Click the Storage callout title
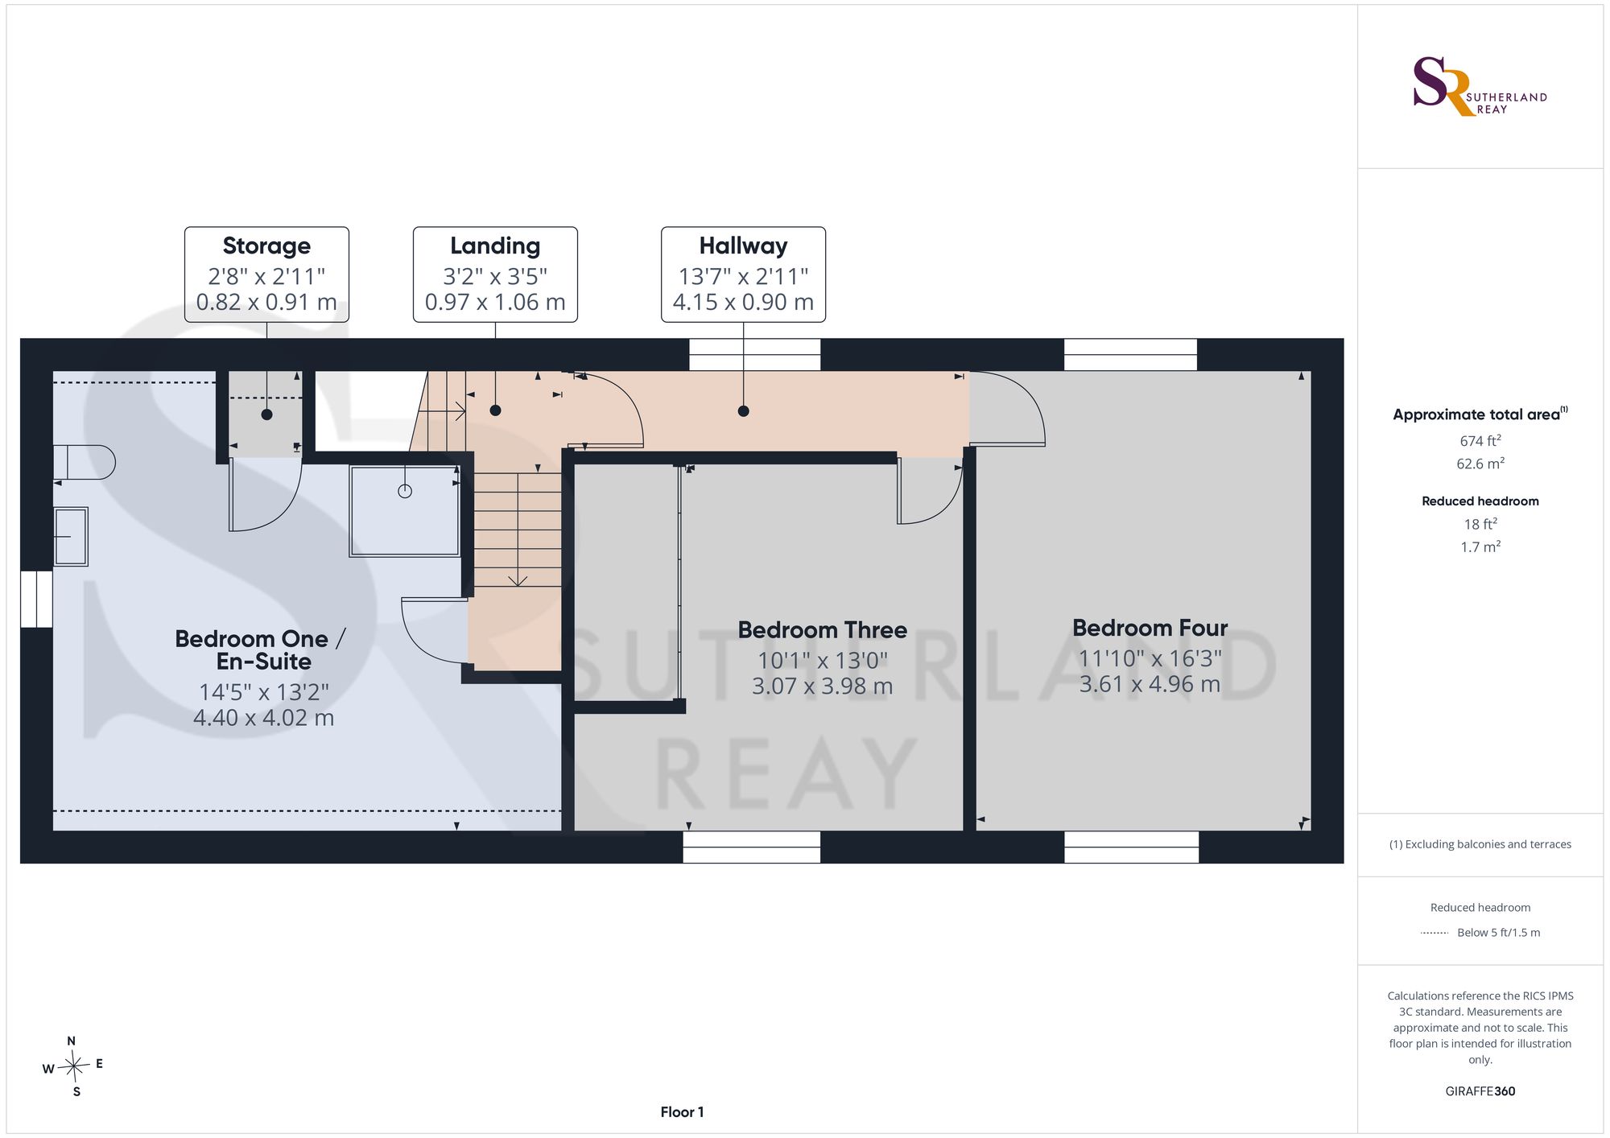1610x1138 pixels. click(x=266, y=245)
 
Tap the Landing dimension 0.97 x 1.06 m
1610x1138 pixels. click(x=495, y=302)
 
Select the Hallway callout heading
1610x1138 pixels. click(x=743, y=245)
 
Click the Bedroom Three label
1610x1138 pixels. click(x=823, y=629)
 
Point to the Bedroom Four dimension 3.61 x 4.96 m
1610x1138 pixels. click(x=1150, y=684)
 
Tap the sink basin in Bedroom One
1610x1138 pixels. click(x=71, y=537)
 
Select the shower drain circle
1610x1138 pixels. click(x=405, y=491)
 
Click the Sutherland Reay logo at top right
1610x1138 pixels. click(x=1480, y=86)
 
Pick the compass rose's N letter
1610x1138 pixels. click(x=72, y=1041)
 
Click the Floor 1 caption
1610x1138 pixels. click(x=682, y=1112)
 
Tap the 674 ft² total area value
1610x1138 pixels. click(x=1480, y=440)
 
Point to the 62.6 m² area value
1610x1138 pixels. click(x=1480, y=464)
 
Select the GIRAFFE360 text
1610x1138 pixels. click(x=1480, y=1091)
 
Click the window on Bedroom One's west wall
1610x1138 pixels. click(x=36, y=599)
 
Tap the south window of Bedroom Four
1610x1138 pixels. click(x=1131, y=847)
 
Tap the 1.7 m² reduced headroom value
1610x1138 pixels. click(x=1480, y=546)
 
